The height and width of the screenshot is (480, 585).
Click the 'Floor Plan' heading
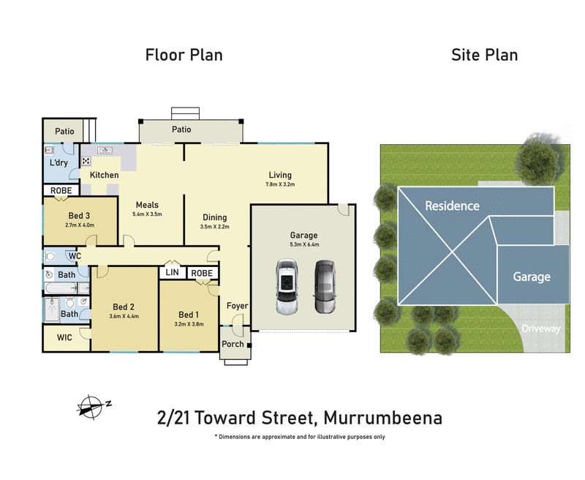pos(184,55)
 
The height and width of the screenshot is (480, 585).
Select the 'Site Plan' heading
pos(484,55)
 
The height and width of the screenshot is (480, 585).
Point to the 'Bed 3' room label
pos(80,215)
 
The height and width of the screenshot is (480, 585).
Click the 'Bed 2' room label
pos(124,307)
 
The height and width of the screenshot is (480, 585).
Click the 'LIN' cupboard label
pos(173,273)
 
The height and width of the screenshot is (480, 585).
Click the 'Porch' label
pos(233,344)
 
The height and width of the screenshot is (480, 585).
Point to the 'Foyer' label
pos(237,306)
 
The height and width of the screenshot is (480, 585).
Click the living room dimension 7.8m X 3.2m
pos(280,185)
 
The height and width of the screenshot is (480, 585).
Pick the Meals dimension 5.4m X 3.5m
pos(146,214)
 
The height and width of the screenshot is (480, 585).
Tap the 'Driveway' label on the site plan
pos(541,329)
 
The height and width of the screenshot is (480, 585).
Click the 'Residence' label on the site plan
pos(452,206)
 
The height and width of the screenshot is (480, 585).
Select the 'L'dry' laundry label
pos(58,163)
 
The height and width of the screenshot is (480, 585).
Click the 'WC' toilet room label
pos(74,256)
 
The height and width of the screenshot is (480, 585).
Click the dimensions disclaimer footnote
pos(300,437)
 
